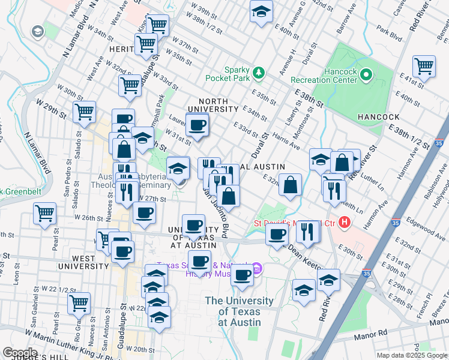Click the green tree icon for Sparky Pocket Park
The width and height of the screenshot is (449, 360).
259,73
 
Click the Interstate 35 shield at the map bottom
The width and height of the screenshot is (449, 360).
366,273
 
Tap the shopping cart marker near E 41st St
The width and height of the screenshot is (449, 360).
424,66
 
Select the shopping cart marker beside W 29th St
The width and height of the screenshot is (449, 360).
84,111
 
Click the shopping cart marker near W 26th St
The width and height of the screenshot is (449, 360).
45,213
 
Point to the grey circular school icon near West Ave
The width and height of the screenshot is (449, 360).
37,31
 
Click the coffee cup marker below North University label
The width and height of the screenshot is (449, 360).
197,125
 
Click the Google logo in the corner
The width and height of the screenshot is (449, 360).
20,353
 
